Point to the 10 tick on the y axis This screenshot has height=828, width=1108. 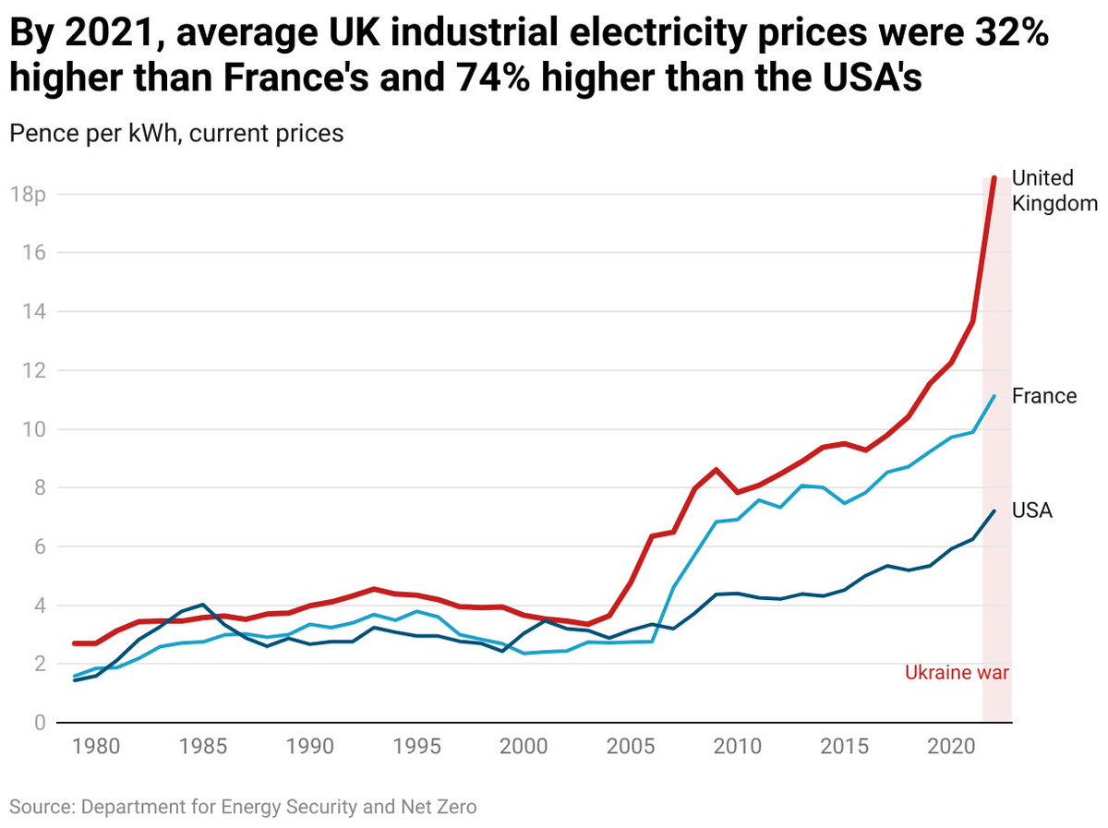(21, 429)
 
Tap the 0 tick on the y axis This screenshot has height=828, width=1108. (15, 723)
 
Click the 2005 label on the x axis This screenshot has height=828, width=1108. (632, 745)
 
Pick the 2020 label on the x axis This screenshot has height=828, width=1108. (952, 745)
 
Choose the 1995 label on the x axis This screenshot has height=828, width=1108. (417, 745)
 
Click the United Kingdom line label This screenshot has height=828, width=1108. (1054, 190)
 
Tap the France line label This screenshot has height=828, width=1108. (1044, 396)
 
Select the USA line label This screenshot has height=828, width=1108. (1032, 510)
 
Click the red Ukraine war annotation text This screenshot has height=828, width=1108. (957, 673)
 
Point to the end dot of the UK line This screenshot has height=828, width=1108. (994, 178)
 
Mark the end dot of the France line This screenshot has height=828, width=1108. (994, 397)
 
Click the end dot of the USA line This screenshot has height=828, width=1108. (994, 510)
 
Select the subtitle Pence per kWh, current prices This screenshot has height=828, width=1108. (176, 133)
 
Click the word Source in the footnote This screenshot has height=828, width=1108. (42, 807)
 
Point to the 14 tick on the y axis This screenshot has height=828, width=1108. (21, 312)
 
